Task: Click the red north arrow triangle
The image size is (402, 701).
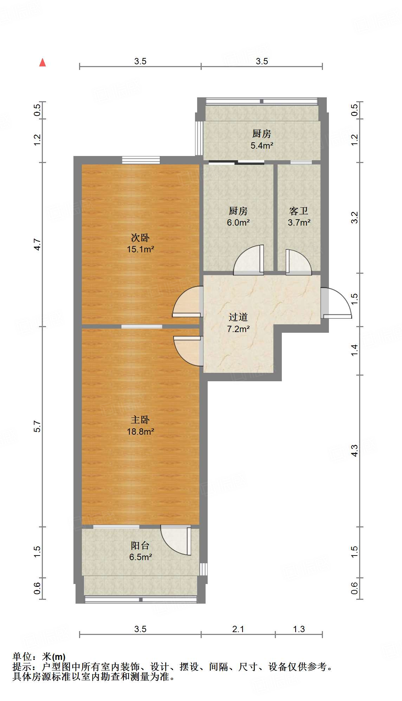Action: [x=43, y=63]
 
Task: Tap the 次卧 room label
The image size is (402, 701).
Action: [x=140, y=238]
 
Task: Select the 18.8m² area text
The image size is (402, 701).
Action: [x=140, y=431]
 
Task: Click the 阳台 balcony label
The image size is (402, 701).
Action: [x=140, y=545]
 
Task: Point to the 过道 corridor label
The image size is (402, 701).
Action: [x=238, y=317]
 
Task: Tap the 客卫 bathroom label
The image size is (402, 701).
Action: [x=299, y=211]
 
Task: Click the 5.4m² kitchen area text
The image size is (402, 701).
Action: [x=262, y=145]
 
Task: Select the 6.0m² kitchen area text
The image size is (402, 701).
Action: [x=238, y=222]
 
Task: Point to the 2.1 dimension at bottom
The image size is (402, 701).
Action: [x=238, y=629]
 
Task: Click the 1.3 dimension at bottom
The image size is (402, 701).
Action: [x=299, y=629]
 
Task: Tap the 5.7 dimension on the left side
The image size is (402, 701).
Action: [x=37, y=426]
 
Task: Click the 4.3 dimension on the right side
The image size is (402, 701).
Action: [x=355, y=450]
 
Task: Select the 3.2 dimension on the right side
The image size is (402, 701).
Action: [x=355, y=217]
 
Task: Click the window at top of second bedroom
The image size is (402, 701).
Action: [x=141, y=160]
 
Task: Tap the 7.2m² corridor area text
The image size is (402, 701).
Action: [x=238, y=329]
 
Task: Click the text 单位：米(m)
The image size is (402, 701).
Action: [x=39, y=656]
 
